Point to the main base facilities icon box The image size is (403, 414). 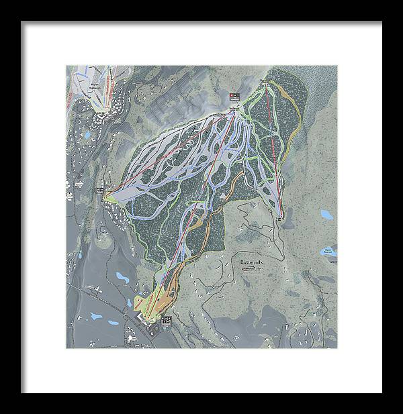click(x=167, y=320)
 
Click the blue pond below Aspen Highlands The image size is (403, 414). click(x=86, y=135)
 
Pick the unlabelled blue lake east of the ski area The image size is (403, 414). click(x=326, y=215)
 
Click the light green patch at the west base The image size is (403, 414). click(x=118, y=193)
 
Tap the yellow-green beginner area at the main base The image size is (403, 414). click(x=144, y=302)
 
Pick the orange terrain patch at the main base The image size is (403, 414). click(x=163, y=295)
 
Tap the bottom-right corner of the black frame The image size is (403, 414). click(x=380, y=391)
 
